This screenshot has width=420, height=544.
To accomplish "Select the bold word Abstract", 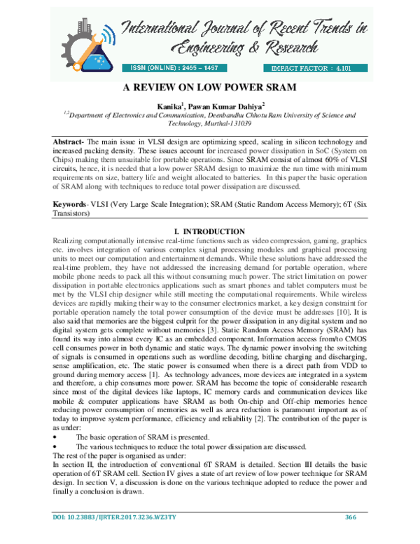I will [71, 142].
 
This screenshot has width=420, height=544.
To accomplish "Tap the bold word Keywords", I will [72, 204].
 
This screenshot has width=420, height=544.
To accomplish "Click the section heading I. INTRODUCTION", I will [209, 232].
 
